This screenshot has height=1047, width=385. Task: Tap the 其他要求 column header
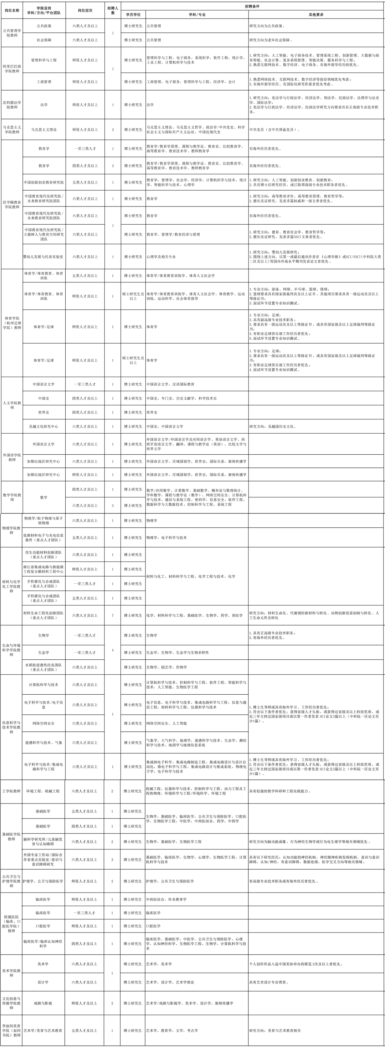click(316, 15)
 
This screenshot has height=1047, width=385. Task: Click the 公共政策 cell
click(44, 26)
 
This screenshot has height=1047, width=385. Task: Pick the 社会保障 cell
click(44, 40)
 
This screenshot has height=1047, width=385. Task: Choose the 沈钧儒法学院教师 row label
click(12, 105)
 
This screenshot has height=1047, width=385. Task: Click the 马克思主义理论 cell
click(44, 130)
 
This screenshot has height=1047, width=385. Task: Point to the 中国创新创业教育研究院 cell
click(44, 183)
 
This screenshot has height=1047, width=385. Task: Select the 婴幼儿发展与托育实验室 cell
click(44, 257)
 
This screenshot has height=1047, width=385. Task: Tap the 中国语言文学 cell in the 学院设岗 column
click(44, 384)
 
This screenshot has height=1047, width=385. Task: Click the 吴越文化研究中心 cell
click(44, 427)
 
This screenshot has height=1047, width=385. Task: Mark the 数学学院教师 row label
click(12, 497)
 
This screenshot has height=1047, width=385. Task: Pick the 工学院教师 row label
click(11, 791)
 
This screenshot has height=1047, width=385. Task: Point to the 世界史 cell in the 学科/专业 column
click(152, 413)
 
